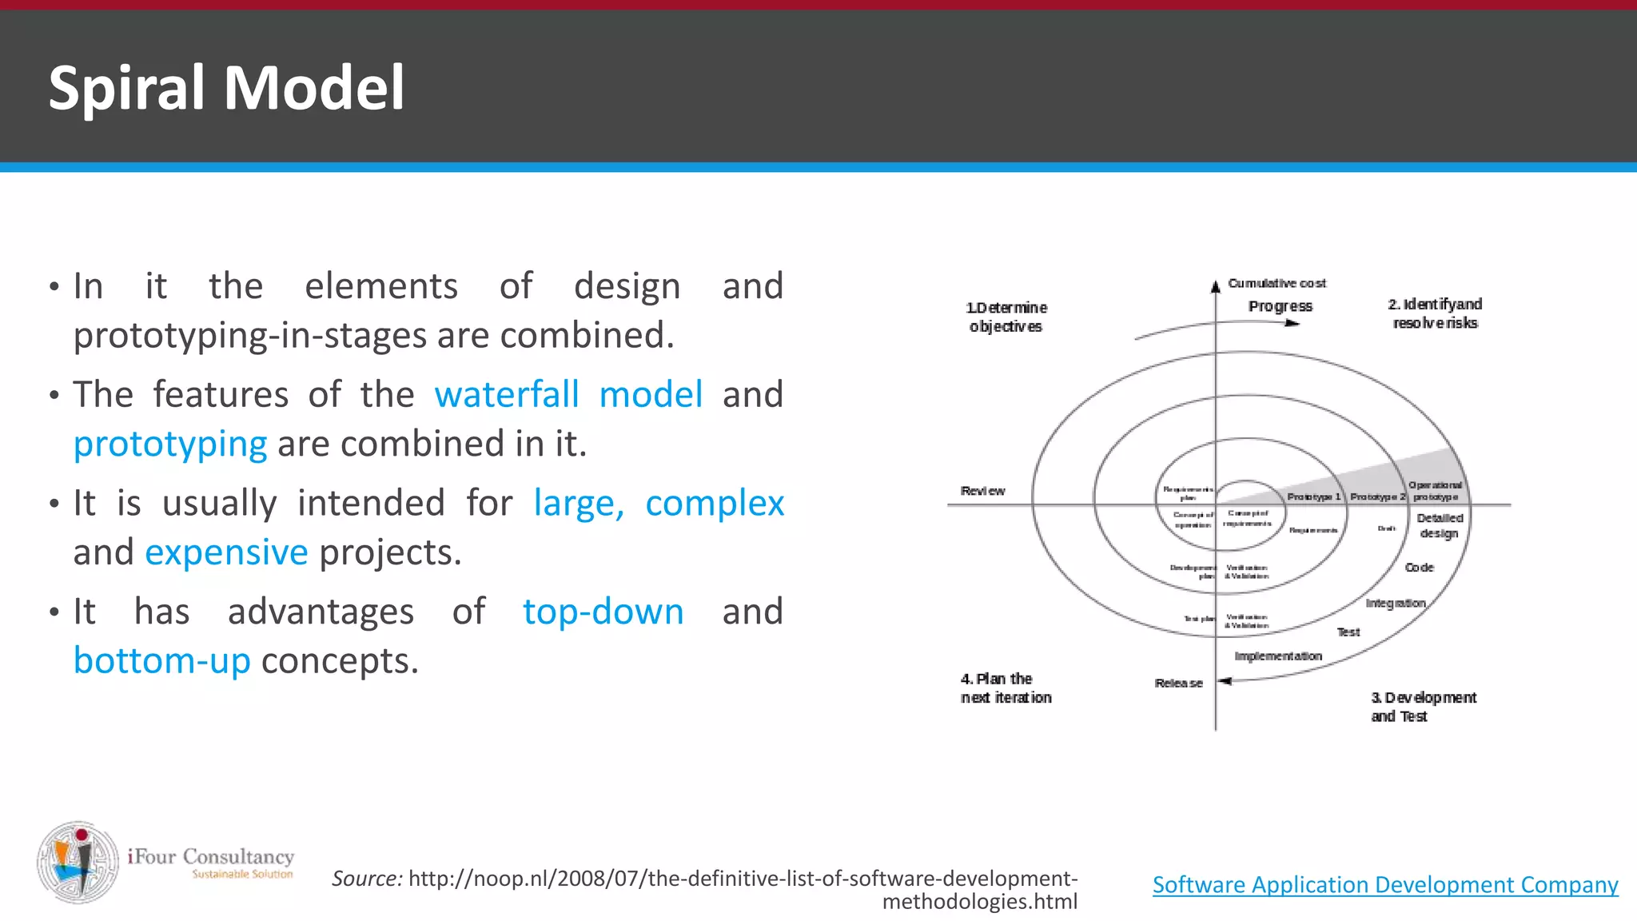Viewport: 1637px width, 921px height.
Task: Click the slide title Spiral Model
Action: (226, 87)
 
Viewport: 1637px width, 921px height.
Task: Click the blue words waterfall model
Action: (568, 395)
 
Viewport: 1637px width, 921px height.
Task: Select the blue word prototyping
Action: (170, 445)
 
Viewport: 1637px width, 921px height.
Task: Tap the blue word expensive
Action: (226, 552)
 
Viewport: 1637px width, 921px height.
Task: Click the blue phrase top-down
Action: (603, 612)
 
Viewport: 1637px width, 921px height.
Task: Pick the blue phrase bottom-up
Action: (162, 661)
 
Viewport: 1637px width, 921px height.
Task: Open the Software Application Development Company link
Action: (1384, 885)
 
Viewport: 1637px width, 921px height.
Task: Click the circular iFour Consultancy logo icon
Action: (78, 862)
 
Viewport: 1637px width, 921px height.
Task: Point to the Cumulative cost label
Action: (1277, 283)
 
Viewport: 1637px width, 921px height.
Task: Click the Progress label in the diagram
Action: (1280, 306)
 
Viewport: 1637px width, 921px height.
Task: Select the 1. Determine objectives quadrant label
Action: (1006, 317)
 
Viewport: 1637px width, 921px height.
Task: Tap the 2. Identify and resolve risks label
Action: (1435, 313)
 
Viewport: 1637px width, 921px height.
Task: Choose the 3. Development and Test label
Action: (1423, 707)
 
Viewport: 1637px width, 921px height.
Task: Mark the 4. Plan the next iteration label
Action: (1006, 688)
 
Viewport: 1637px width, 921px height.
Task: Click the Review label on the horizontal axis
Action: (982, 491)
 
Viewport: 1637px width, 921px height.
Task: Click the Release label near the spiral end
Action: (1178, 683)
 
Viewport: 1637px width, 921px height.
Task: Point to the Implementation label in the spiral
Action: (1278, 656)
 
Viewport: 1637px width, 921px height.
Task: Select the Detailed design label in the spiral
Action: (1440, 525)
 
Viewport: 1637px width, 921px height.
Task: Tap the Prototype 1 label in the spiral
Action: (1313, 496)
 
